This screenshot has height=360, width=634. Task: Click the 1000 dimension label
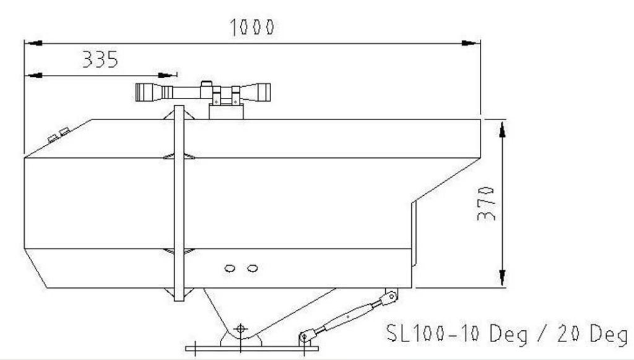252,27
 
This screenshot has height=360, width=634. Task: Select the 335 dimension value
100,59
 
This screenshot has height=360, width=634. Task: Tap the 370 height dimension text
486,203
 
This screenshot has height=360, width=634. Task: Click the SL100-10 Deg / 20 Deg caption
507,333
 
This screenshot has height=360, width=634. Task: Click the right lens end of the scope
264,92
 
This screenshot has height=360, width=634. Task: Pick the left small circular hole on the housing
230,268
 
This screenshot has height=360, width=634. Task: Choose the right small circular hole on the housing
253,268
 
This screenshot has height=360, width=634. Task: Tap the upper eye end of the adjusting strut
391,297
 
